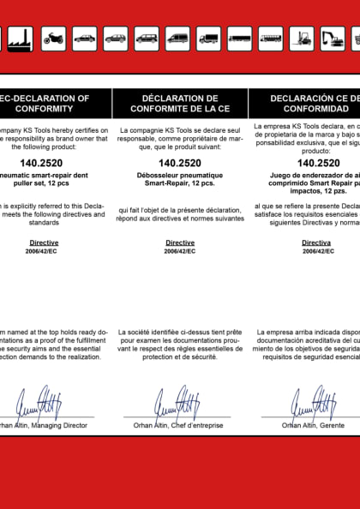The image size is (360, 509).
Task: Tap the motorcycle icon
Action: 53,38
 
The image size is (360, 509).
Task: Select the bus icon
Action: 271,38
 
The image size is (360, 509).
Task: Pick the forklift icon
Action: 302,38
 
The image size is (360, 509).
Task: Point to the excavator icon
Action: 333,38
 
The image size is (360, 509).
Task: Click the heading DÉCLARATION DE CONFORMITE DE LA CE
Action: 180,104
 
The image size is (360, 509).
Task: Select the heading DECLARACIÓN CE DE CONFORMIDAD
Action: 309,104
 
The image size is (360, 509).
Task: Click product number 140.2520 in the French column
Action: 180,163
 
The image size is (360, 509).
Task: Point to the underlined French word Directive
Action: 180,243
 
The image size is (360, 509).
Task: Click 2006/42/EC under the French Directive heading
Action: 180,252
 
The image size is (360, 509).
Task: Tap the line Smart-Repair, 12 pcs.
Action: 180,183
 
